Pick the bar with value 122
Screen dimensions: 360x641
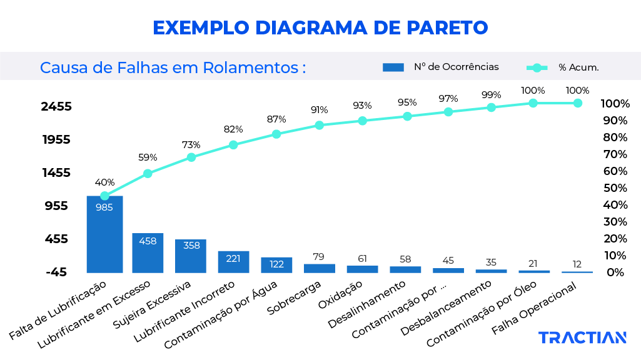pyautogui.click(x=276, y=265)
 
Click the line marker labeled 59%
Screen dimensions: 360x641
pyautogui.click(x=148, y=174)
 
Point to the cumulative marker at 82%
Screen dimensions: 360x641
pyautogui.click(x=233, y=145)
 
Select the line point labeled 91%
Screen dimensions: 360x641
pyautogui.click(x=319, y=125)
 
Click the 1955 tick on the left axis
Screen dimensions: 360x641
pyautogui.click(x=56, y=139)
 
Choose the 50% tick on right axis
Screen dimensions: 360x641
pyautogui.click(x=615, y=188)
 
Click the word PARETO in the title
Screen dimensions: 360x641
pyautogui.click(x=447, y=28)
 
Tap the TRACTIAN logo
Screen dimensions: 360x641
pyautogui.click(x=582, y=338)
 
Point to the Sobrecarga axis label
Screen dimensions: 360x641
pyautogui.click(x=294, y=297)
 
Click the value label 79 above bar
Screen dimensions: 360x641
pyautogui.click(x=319, y=256)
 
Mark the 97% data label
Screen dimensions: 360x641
pyautogui.click(x=448, y=98)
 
